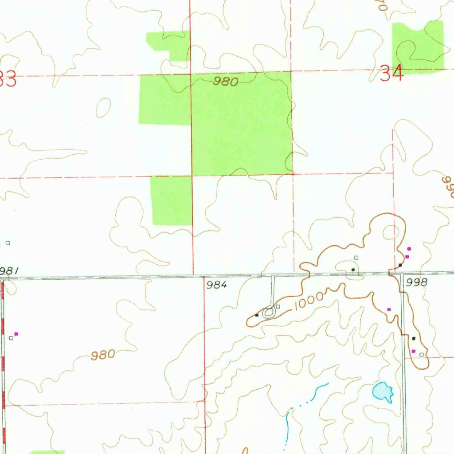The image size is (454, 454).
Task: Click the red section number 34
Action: tap(392, 73)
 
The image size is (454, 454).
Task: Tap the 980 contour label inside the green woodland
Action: tap(226, 82)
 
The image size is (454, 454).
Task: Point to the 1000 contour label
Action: tap(309, 300)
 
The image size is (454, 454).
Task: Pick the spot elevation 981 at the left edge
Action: tap(9, 270)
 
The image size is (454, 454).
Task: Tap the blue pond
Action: tap(383, 391)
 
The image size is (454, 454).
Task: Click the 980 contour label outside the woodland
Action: tap(103, 355)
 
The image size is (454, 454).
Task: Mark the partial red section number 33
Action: tap(8, 80)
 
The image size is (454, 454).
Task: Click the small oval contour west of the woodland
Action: tap(103, 107)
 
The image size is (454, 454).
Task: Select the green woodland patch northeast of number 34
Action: tap(418, 46)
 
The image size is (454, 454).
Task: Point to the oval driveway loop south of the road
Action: tap(269, 313)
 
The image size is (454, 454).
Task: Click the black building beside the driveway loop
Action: tap(257, 315)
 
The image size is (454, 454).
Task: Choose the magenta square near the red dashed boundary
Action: tap(16, 333)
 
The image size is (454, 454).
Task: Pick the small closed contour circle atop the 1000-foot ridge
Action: tap(391, 231)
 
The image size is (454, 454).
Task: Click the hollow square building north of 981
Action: tap(8, 243)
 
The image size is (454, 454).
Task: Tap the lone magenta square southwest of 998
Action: tap(389, 309)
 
